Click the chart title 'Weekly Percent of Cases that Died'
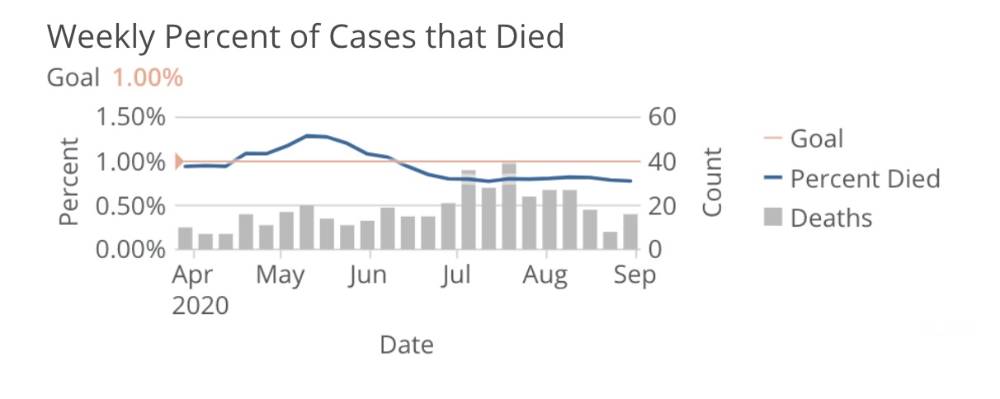click(x=305, y=36)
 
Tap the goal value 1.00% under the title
click(x=147, y=78)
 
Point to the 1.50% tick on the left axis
click(x=131, y=117)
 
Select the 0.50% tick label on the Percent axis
click(x=131, y=205)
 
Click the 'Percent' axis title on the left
click(x=70, y=181)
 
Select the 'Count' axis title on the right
click(x=712, y=182)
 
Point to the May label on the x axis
click(x=280, y=275)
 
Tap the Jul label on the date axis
click(x=455, y=275)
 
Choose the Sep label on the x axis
click(x=635, y=275)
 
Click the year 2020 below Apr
click(x=200, y=306)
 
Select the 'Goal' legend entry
click(x=817, y=138)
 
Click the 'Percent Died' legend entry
click(x=865, y=178)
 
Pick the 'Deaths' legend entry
click(x=831, y=218)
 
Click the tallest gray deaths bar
click(x=509, y=206)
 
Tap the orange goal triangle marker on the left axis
click(x=179, y=162)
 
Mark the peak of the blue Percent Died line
click(x=309, y=135)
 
